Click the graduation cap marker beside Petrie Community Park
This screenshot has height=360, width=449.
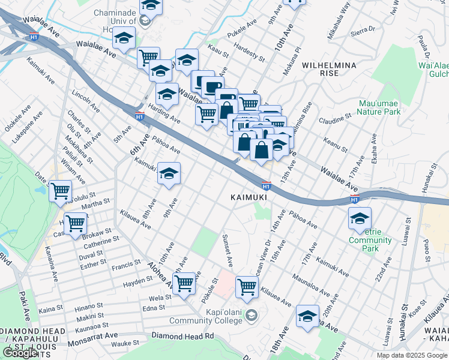coord(360,219)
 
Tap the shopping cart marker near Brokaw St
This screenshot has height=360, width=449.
coord(76,223)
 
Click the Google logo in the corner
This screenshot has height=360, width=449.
coord(20,353)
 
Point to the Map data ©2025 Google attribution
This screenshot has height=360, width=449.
coord(411,355)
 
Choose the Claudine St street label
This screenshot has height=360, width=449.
coord(334,118)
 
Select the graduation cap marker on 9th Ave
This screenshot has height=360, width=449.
coord(169,175)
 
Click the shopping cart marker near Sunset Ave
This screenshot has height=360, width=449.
coord(247,287)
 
